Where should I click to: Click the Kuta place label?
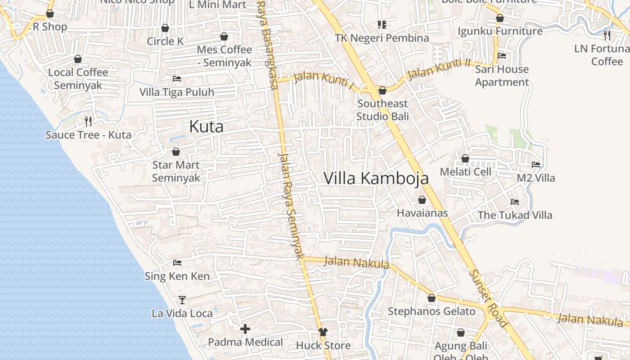206,126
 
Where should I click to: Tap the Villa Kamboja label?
376,179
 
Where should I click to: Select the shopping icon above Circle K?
165,28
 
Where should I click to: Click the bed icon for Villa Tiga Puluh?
177,79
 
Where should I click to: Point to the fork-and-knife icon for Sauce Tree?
88,121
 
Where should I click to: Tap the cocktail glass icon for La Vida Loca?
182,300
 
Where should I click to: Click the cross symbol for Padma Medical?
245,329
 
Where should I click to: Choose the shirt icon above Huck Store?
323,332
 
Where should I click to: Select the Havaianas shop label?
422,212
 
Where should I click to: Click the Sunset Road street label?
488,298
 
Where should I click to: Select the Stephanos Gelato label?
432,311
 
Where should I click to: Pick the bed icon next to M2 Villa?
536,165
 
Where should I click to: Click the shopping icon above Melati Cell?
465,158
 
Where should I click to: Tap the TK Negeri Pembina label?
382,38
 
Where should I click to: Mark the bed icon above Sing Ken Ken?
177,262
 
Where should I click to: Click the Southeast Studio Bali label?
382,110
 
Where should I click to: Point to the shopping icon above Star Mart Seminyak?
176,152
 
